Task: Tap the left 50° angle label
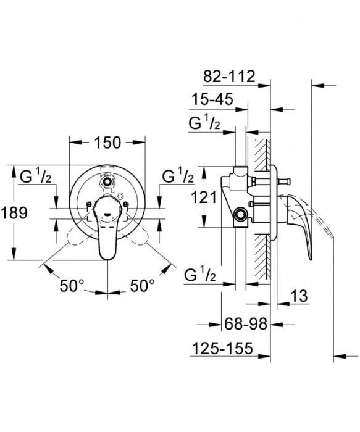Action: pyautogui.click(x=72, y=286)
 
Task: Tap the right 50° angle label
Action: pyautogui.click(x=142, y=286)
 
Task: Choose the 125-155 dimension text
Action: pyautogui.click(x=222, y=349)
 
